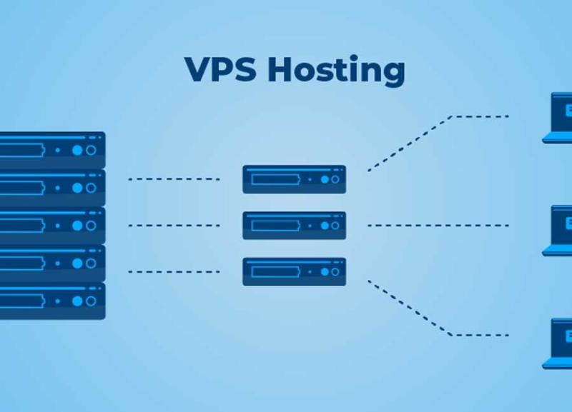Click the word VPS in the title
220,69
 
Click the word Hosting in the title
336,71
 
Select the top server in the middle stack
295,179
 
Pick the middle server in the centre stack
295,226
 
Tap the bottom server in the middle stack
295,272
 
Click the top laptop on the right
558,118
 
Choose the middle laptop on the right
558,231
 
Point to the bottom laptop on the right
558,343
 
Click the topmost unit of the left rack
52,150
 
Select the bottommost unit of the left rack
52,301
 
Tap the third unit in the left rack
52,226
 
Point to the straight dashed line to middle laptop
438,226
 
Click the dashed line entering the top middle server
174,179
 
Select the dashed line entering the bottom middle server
174,272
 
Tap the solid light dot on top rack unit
77,150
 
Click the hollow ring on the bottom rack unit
92,301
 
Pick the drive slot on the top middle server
276,180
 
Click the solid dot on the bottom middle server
325,272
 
